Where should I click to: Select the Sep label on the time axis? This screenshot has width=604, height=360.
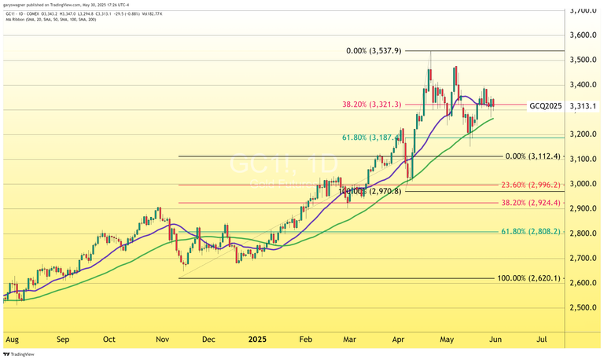(x=63, y=340)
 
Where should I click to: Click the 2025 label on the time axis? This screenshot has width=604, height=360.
(x=258, y=340)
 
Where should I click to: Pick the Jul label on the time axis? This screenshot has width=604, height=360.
(x=542, y=340)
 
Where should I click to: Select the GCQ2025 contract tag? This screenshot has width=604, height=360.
(x=545, y=105)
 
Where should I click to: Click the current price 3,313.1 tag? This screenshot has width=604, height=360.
(x=583, y=105)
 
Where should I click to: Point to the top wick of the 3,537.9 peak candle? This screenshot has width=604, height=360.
(x=429, y=53)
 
